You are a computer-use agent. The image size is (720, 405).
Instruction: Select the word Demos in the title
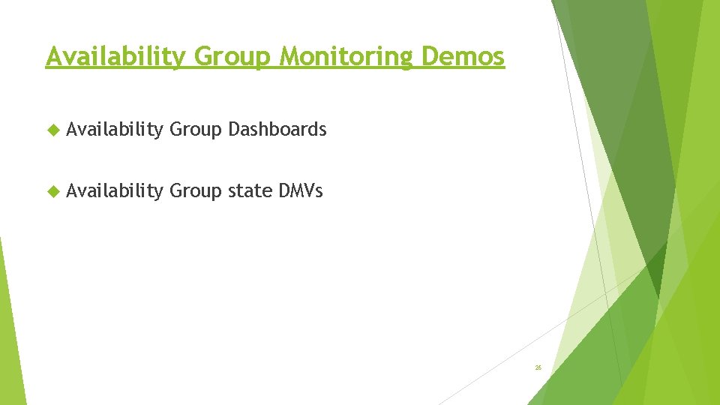pos(463,56)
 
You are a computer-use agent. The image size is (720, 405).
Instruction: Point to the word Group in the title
pos(223,57)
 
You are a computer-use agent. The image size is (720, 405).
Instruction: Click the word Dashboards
pos(277,130)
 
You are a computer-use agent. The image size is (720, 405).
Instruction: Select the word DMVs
pos(300,191)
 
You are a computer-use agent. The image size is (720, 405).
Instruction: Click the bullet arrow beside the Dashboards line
pos(52,130)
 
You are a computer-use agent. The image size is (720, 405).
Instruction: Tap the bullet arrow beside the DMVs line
pos(52,192)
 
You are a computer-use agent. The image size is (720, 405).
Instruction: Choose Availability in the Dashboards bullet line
pos(114,130)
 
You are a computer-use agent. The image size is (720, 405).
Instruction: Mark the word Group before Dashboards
pos(196,130)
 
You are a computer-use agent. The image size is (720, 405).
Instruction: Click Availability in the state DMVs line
pos(114,192)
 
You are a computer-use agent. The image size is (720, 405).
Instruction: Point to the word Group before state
pos(196,192)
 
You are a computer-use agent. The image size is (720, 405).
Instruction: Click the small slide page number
pos(538,367)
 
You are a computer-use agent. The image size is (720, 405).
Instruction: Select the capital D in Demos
pos(430,56)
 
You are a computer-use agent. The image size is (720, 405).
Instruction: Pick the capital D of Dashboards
pos(233,130)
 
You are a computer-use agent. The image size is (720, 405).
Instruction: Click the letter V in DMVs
pos(307,191)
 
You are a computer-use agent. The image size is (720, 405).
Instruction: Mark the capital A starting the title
pos(52,56)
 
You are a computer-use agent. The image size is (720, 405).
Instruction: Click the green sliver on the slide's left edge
pos(10,330)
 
